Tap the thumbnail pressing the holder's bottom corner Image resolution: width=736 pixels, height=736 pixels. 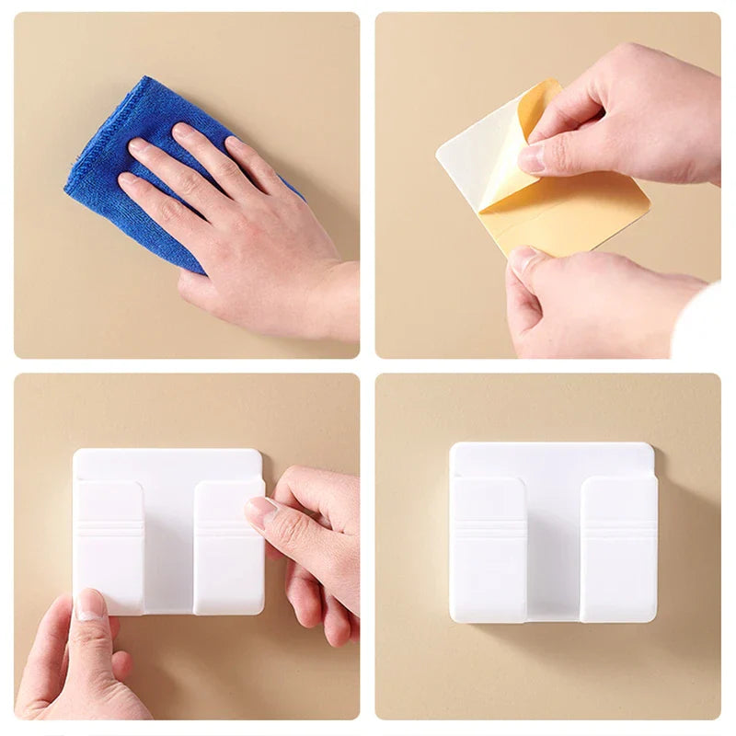pos(90,604)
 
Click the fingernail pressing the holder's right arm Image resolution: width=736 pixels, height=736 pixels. pos(261,512)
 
